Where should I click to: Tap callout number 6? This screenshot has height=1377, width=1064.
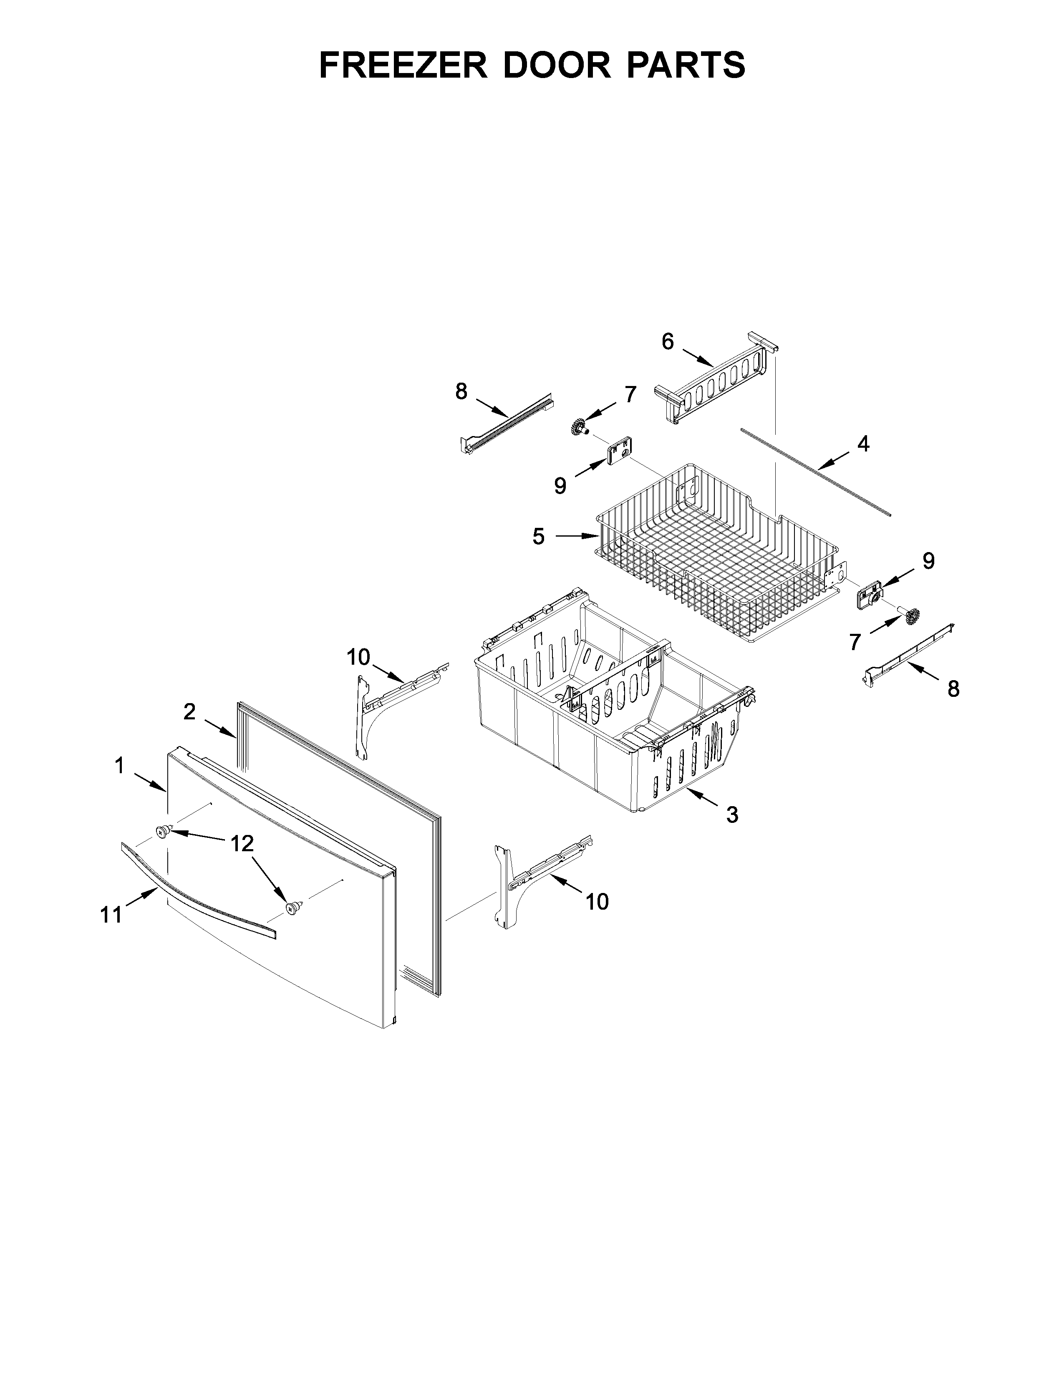[x=668, y=342]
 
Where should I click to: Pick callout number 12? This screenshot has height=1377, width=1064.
[x=242, y=843]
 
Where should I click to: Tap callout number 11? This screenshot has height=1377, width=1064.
[x=111, y=915]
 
